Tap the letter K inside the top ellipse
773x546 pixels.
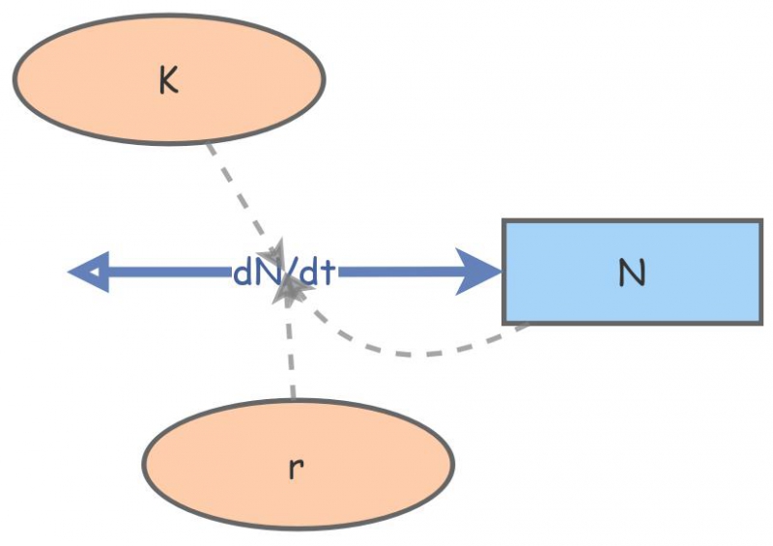(x=169, y=81)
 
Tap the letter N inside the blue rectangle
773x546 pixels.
(x=631, y=273)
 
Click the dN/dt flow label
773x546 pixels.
(x=284, y=273)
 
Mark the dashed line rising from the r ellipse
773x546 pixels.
(x=291, y=358)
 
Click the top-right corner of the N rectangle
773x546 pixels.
(x=761, y=221)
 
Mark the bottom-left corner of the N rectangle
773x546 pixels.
(x=504, y=322)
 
